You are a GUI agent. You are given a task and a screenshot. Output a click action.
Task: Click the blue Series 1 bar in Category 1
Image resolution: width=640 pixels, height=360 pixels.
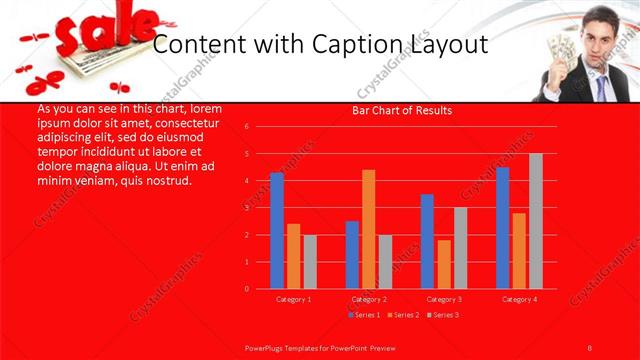click(x=277, y=231)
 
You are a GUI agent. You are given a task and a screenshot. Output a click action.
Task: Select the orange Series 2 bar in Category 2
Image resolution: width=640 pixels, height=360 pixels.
click(x=369, y=229)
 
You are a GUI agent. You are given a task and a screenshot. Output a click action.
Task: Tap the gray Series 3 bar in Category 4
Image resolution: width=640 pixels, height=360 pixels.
click(x=536, y=221)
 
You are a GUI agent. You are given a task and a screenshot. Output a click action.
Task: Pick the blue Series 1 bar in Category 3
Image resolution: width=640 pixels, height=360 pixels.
click(x=427, y=241)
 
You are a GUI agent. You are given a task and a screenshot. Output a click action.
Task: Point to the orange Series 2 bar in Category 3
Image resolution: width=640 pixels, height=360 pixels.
click(x=444, y=264)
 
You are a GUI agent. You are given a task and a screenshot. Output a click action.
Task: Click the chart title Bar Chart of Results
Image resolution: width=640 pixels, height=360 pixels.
click(x=403, y=110)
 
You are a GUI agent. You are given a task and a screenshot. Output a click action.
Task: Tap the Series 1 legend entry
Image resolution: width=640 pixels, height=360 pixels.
click(x=363, y=315)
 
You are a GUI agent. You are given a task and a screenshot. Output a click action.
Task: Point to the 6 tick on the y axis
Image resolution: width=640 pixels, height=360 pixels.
click(x=247, y=127)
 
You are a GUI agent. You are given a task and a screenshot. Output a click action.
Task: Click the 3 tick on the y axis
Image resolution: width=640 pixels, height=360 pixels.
click(x=247, y=208)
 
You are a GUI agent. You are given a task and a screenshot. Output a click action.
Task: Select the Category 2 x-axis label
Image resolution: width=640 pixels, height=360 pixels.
click(x=369, y=299)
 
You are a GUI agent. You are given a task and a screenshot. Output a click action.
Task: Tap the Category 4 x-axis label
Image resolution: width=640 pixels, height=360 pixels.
click(x=519, y=299)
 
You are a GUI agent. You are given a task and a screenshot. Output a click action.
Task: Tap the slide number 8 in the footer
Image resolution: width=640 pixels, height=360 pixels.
click(x=590, y=347)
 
